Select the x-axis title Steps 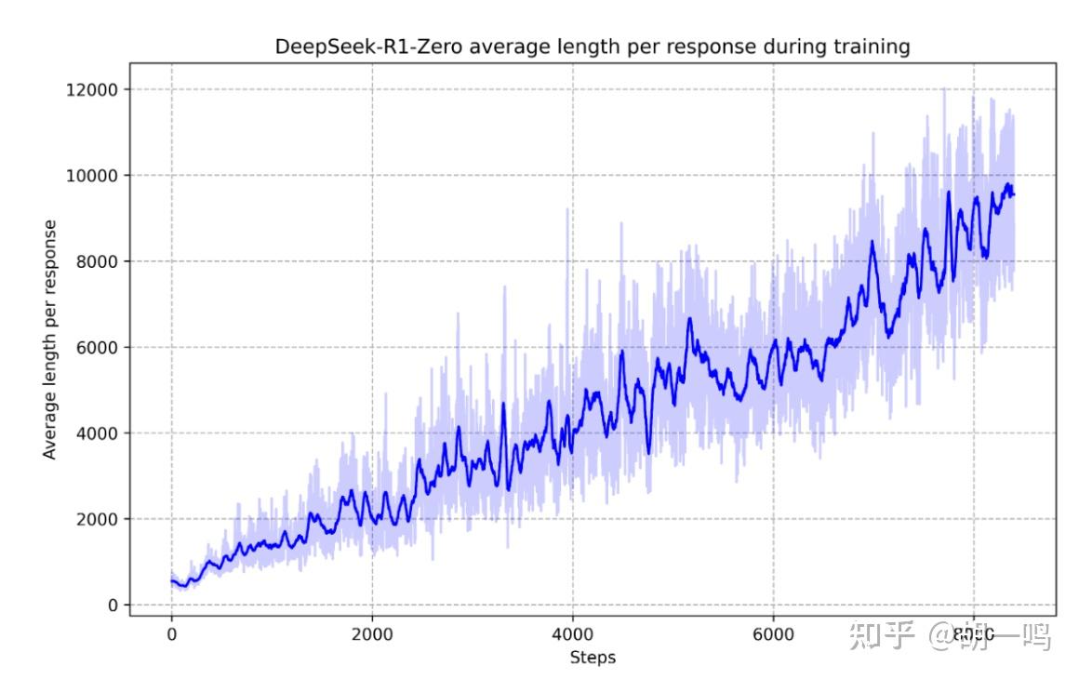pos(593,658)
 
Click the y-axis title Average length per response pos(50,339)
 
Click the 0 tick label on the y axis pos(113,606)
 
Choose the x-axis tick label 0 pos(171,635)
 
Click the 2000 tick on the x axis pos(372,635)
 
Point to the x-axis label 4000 pos(572,635)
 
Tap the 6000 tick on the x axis pos(773,635)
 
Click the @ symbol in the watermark pos(941,636)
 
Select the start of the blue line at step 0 pos(171,580)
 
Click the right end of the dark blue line pos(1013,194)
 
